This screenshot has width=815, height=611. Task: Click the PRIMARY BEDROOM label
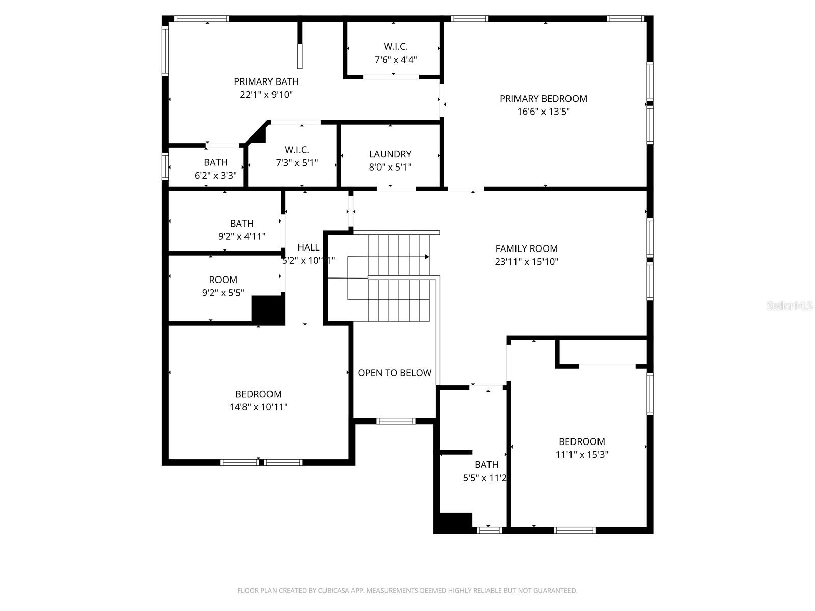pyautogui.click(x=543, y=99)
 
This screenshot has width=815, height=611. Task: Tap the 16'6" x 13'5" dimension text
pyautogui.click(x=543, y=112)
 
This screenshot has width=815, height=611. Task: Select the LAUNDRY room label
pyautogui.click(x=390, y=154)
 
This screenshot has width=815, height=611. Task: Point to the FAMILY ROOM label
pyautogui.click(x=526, y=248)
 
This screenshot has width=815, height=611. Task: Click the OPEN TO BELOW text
pyautogui.click(x=394, y=373)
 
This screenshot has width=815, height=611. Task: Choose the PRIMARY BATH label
pyautogui.click(x=266, y=81)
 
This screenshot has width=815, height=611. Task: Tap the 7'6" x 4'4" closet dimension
pyautogui.click(x=396, y=60)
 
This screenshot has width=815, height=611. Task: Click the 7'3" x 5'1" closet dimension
pyautogui.click(x=297, y=163)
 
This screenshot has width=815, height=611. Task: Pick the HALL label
pyautogui.click(x=308, y=247)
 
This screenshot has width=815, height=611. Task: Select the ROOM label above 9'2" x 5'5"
pyautogui.click(x=223, y=280)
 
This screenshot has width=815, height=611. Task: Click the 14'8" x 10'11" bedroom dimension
pyautogui.click(x=258, y=407)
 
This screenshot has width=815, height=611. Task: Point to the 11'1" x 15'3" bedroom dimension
pyautogui.click(x=582, y=455)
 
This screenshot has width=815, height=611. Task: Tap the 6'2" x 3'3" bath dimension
pyautogui.click(x=215, y=176)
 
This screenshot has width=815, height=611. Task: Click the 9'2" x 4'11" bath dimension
pyautogui.click(x=241, y=236)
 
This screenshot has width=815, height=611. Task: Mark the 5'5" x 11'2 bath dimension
pyautogui.click(x=484, y=478)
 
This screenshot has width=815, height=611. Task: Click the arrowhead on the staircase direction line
pyautogui.click(x=427, y=257)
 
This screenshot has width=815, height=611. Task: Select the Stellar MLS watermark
pyautogui.click(x=789, y=306)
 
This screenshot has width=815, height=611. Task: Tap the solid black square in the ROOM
pyautogui.click(x=268, y=310)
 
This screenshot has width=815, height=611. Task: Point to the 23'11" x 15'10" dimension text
pyautogui.click(x=526, y=262)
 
